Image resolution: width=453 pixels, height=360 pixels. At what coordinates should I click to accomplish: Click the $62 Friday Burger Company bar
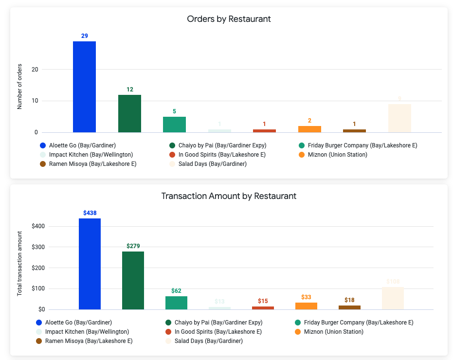(x=176, y=303)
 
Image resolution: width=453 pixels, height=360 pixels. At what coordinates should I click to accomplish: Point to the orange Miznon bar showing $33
(x=306, y=306)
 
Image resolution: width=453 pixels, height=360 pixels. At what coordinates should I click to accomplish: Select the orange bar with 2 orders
(x=309, y=129)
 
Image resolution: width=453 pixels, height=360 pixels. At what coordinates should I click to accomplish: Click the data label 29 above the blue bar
(x=84, y=36)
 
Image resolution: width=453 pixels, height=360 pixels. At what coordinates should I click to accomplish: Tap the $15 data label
(x=263, y=301)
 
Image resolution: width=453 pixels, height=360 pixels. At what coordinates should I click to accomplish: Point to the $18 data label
(x=349, y=300)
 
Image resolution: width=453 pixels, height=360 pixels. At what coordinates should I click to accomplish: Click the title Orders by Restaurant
(x=229, y=19)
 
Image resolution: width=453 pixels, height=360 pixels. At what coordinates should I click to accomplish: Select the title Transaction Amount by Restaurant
(x=229, y=196)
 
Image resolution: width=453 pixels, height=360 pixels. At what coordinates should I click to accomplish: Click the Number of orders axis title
(x=20, y=86)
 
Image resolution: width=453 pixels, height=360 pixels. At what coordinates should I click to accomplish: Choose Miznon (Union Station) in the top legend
(x=337, y=155)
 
